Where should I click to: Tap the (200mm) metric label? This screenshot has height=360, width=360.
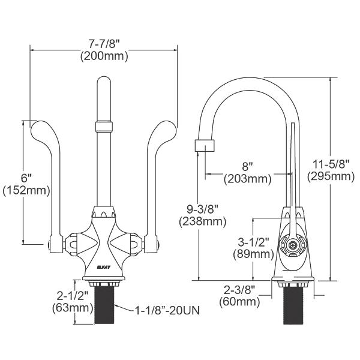click(104, 57)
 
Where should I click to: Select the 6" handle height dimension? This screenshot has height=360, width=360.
click(10, 178)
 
